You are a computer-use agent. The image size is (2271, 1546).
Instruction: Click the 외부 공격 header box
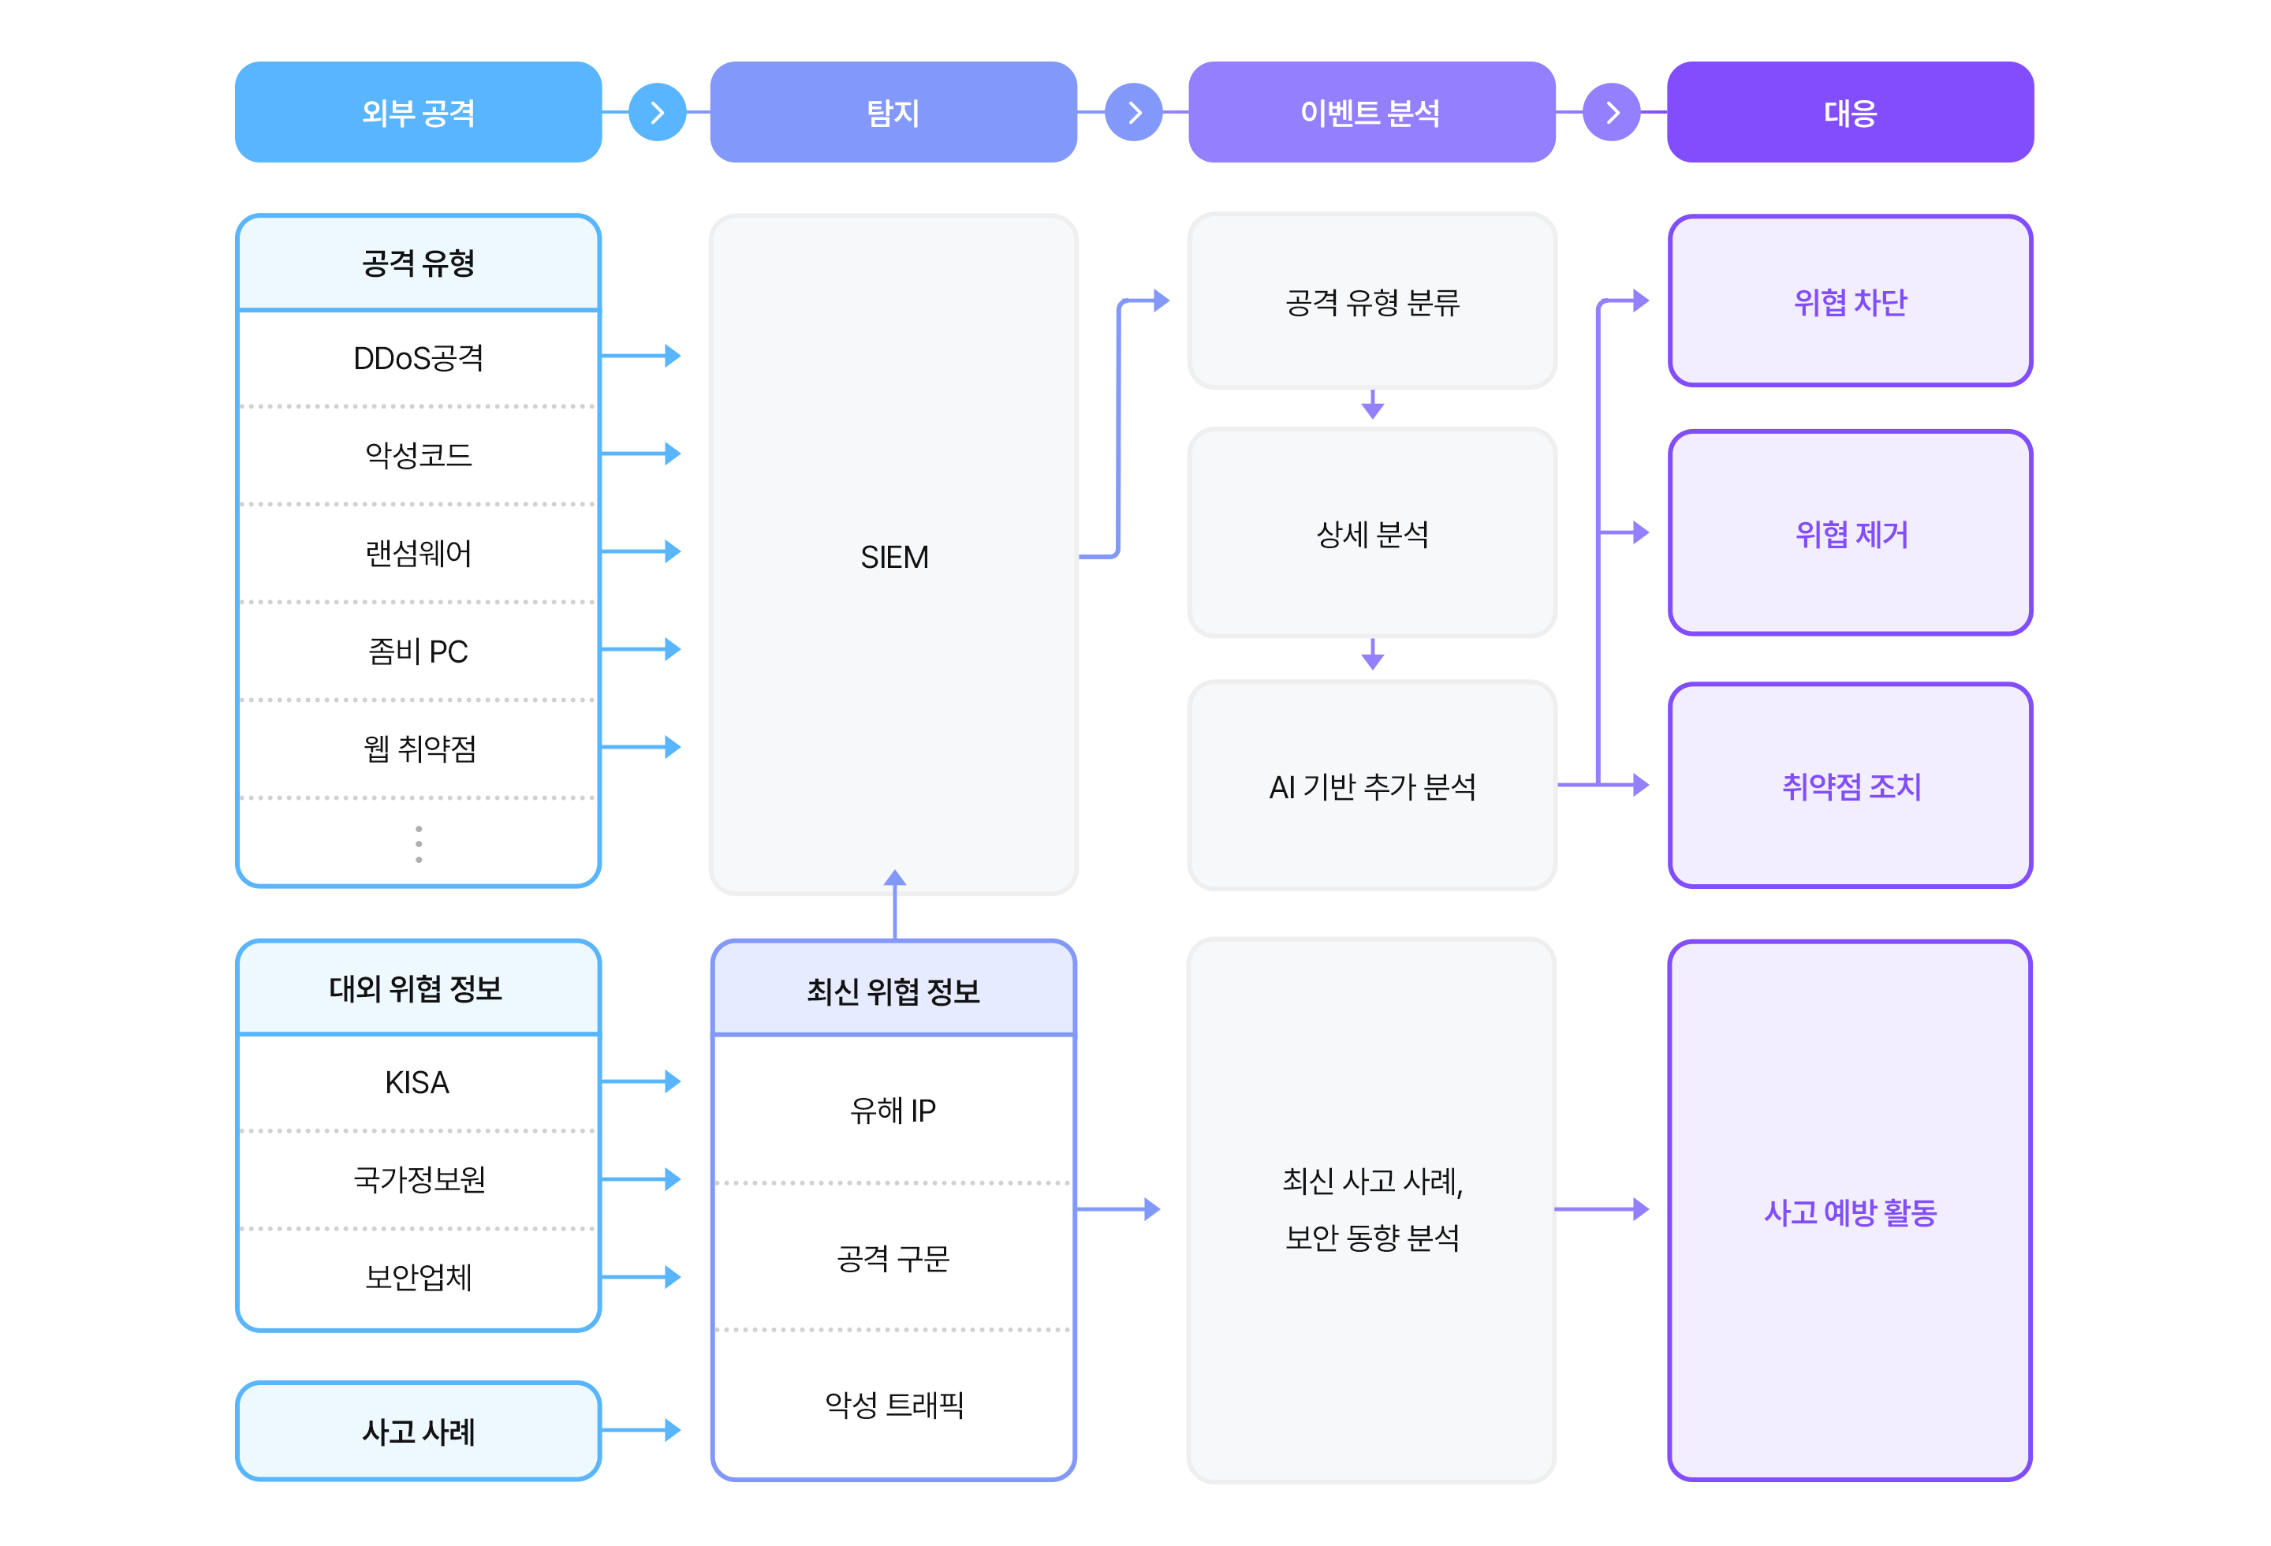[418, 112]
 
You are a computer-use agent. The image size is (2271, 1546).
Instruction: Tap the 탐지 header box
[893, 112]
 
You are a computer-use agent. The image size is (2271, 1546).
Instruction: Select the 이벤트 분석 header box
[1371, 112]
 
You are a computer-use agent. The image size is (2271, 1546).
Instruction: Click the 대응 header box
[1850, 112]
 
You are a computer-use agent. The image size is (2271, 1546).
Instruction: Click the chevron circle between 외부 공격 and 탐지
[657, 112]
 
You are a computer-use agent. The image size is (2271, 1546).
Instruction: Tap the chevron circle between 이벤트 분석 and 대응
[1612, 112]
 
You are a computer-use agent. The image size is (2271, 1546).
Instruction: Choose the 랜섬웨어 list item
[418, 553]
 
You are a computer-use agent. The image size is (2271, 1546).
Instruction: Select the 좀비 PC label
[418, 651]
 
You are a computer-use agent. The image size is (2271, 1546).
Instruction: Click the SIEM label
[894, 557]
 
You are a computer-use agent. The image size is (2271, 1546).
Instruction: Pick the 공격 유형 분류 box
[1372, 302]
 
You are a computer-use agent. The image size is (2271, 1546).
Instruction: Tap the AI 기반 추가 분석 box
[1372, 786]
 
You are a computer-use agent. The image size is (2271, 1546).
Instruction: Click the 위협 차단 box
[1850, 302]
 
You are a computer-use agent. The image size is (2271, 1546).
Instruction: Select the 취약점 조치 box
[1850, 786]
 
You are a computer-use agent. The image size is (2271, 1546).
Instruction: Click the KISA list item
[417, 1082]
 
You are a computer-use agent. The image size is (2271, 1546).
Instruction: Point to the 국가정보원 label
[418, 1179]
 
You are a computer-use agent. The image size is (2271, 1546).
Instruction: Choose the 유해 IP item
[893, 1110]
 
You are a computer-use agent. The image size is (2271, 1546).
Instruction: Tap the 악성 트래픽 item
[893, 1404]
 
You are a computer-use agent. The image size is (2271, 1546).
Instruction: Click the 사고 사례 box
[418, 1432]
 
